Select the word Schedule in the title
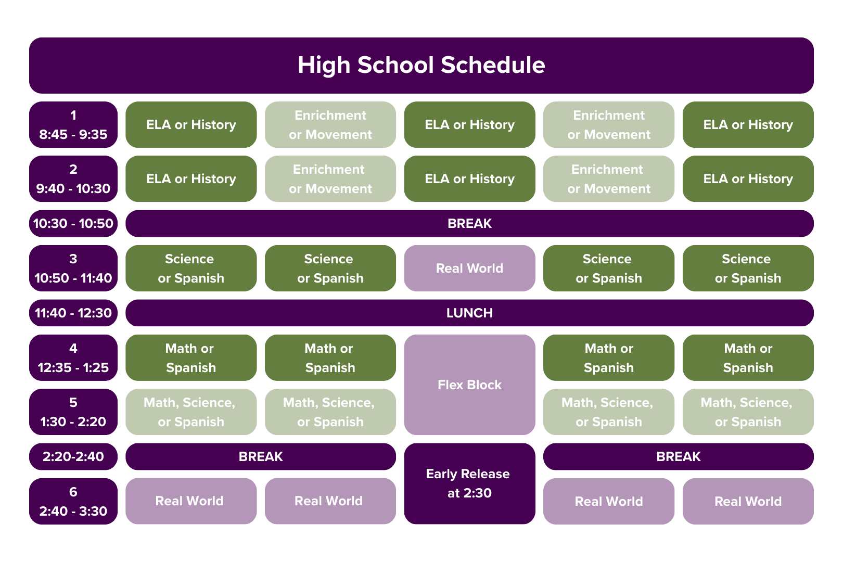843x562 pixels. point(493,66)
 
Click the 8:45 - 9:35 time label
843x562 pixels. point(73,134)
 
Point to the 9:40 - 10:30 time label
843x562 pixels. point(73,188)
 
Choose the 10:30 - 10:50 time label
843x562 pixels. point(73,224)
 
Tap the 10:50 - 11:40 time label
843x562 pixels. point(73,278)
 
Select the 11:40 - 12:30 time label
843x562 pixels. point(73,313)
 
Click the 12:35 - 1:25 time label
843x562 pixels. point(73,367)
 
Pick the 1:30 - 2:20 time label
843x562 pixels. point(73,421)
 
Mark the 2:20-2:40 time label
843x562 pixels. point(73,457)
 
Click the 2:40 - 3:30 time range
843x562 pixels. point(73,511)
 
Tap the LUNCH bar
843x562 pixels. point(469,313)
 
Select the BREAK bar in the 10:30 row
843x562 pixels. point(469,224)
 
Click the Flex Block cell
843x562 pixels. point(469,385)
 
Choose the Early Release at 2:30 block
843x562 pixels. point(469,483)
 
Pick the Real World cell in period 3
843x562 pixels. point(469,269)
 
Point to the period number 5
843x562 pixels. point(73,402)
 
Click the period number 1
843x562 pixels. point(73,115)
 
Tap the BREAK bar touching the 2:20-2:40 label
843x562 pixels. point(261,457)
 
